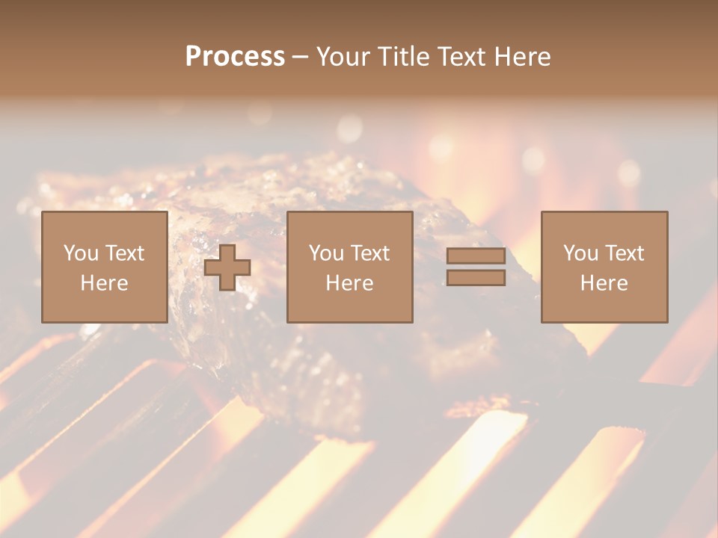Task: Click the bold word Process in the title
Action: point(235,57)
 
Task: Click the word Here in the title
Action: point(524,57)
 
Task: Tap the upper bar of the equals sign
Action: point(476,256)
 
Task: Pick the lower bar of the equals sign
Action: point(476,278)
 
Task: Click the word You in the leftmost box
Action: point(81,253)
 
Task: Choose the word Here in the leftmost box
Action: point(104,283)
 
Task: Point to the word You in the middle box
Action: point(326,253)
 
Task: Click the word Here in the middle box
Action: point(349,283)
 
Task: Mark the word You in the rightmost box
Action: point(580,253)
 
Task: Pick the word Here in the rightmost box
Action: point(604,283)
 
